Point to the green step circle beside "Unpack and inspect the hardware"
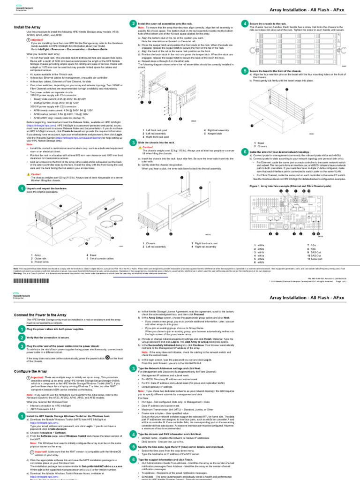click(21, 188)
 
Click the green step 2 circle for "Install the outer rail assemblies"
click(134, 23)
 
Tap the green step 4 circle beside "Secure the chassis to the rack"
click(245, 23)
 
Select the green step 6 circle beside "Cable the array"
click(245, 165)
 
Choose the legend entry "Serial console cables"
click(103, 258)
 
